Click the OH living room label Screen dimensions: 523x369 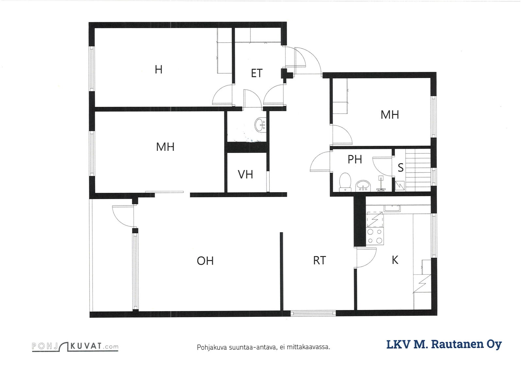[205, 261]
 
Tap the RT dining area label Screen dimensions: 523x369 [319, 260]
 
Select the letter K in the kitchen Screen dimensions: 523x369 [395, 260]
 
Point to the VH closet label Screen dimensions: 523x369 [245, 174]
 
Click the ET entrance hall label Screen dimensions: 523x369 [257, 73]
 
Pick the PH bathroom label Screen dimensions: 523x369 [355, 160]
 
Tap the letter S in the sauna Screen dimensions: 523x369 [400, 168]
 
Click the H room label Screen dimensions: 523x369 [159, 69]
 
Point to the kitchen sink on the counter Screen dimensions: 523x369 [392, 208]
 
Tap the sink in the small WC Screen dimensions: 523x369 [260, 125]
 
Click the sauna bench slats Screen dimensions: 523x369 [418, 170]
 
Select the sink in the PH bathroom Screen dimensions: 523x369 [363, 186]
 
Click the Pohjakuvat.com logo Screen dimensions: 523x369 [75, 346]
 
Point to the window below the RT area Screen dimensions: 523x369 [313, 313]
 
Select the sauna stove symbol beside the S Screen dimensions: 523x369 [399, 186]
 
